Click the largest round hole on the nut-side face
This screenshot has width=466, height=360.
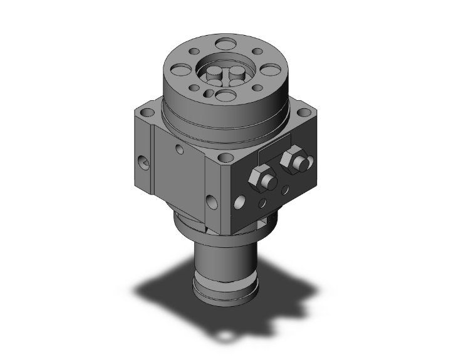point(239,202)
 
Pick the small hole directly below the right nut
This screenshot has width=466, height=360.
point(287,188)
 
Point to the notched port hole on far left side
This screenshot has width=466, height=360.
point(144,164)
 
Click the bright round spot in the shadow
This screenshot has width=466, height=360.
point(224,339)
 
